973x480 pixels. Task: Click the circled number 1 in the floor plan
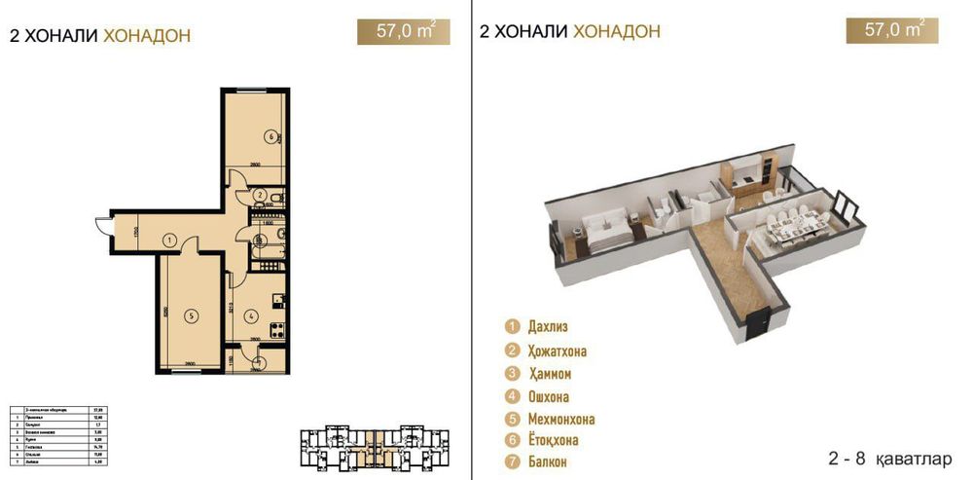click(168, 239)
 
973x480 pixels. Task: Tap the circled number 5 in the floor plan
click(192, 314)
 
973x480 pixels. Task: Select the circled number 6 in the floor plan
click(270, 136)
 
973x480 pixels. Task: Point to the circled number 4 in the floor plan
click(250, 314)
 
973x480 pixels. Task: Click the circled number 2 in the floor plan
click(261, 195)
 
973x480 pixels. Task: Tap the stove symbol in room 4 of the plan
click(275, 327)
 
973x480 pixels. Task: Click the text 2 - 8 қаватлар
click(881, 456)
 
